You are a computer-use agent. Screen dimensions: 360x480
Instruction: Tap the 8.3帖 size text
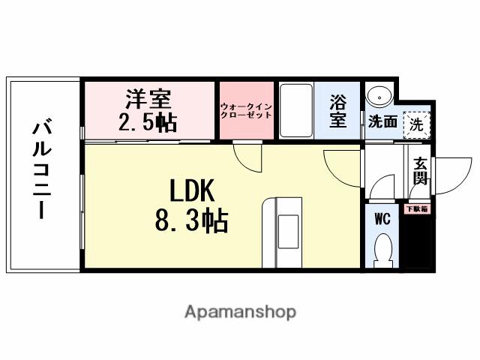coord(191,221)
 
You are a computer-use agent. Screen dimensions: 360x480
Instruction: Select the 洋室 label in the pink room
coord(148,99)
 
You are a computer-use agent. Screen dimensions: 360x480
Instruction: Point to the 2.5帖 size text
coord(148,122)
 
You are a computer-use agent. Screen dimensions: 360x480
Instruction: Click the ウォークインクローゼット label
coord(246,111)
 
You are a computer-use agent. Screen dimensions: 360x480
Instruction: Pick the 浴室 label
coord(337,110)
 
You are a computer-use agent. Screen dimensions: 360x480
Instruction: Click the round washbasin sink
coord(380,96)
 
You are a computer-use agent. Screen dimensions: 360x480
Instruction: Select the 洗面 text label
coord(382,122)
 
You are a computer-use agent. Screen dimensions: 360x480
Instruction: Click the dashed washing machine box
coord(415,124)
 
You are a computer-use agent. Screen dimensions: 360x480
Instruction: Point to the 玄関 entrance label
coord(420,172)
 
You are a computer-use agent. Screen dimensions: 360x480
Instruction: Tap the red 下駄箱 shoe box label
coord(416,209)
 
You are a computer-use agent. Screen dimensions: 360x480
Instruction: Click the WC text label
coord(382,219)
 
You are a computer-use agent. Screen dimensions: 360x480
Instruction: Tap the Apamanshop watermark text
coord(240,311)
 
